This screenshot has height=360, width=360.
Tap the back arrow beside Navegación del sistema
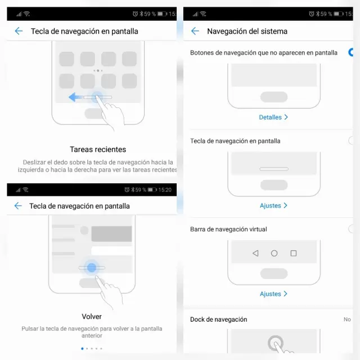click(195, 31)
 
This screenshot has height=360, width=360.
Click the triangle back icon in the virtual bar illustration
click(255, 253)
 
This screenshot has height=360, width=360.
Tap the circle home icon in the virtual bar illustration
click(274, 253)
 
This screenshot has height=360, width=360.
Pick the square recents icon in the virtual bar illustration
click(294, 253)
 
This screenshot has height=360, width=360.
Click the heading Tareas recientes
click(98, 150)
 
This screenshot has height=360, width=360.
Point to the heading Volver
click(92, 317)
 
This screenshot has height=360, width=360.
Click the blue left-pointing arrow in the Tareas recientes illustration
click(75, 97)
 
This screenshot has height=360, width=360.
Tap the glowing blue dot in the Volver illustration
click(92, 268)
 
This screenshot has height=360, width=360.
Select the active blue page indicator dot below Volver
click(82, 349)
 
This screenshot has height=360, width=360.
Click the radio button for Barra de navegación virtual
click(351, 229)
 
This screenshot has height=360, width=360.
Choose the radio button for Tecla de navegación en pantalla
click(351, 141)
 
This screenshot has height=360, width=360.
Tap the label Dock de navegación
click(219, 319)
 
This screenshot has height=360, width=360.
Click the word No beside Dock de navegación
click(347, 319)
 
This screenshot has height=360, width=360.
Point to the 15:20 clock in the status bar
click(165, 190)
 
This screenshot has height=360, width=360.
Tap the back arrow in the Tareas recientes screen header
click(19, 31)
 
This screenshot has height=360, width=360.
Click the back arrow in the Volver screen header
click(18, 206)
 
